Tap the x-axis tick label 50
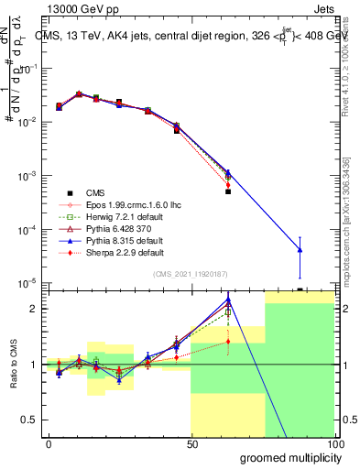[191, 443]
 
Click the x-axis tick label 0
[49, 443]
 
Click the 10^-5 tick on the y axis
[26, 283]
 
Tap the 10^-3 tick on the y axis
[26, 175]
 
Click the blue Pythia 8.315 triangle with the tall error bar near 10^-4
[300, 250]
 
